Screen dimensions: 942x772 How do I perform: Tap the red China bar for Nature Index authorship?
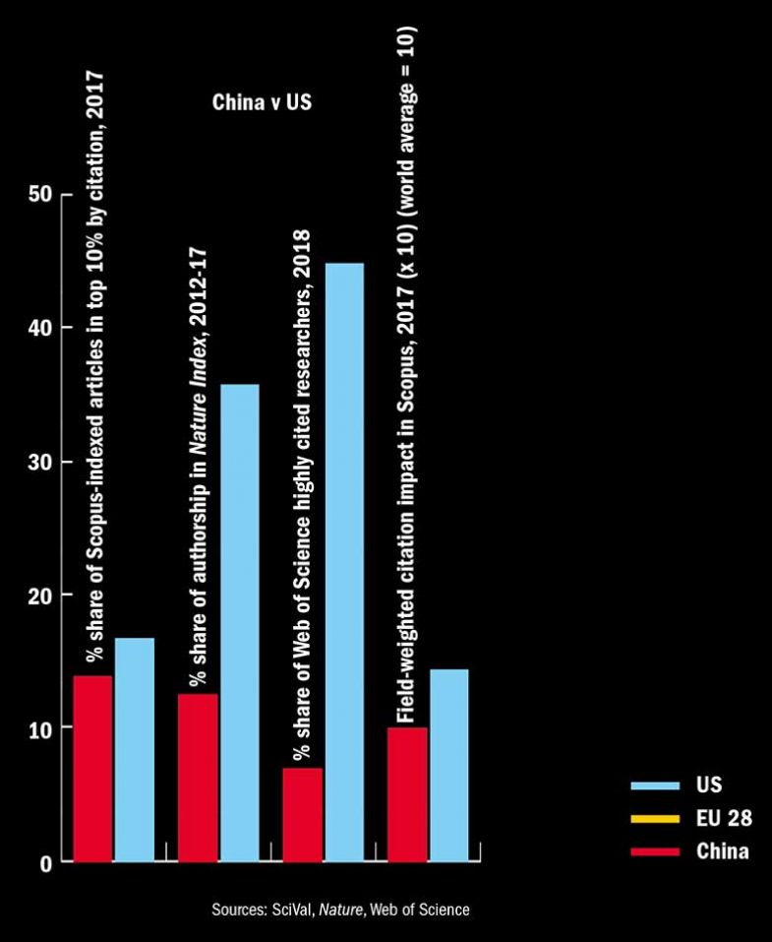pos(198,778)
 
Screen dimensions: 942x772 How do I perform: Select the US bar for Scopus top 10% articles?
pos(135,749)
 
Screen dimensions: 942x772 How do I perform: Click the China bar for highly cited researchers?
pos(303,814)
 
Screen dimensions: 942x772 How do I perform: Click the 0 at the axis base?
pos(45,862)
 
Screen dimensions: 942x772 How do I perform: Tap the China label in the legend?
pos(723,851)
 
